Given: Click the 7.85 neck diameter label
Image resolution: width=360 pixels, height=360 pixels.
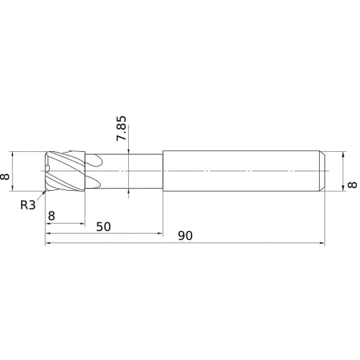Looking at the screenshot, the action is click(121, 128).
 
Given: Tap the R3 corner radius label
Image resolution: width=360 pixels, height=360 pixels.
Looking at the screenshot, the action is click(28, 205).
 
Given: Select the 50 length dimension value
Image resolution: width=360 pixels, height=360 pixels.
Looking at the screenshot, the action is click(104, 227).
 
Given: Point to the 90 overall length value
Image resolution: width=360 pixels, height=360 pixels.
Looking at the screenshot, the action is click(185, 236).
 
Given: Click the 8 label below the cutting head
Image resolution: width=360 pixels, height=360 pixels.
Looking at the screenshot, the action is click(51, 216).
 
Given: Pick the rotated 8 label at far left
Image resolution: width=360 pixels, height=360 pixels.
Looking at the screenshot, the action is click(5, 177).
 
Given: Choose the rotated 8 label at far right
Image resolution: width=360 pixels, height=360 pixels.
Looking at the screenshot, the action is click(352, 185).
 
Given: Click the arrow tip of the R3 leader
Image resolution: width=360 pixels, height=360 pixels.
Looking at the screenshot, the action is click(45, 191).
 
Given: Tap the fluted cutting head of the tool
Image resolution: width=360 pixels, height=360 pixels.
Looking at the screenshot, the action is click(66, 171).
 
